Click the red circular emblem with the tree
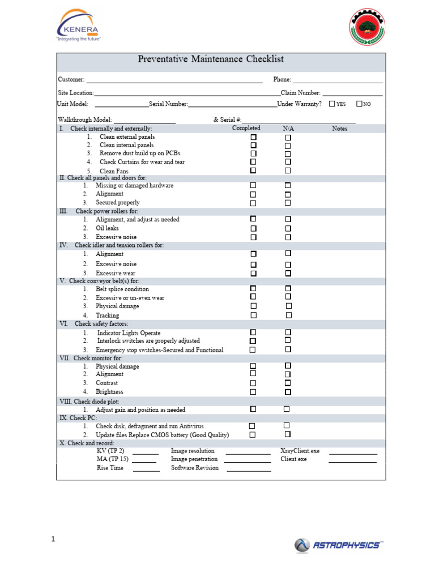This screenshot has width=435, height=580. (368, 28)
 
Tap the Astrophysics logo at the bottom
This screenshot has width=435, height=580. (338, 545)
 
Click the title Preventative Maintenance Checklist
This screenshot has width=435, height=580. (211, 59)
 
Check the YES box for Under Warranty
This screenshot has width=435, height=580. (332, 104)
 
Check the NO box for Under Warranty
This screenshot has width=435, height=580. (359, 104)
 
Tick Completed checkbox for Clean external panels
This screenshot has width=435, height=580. (253, 137)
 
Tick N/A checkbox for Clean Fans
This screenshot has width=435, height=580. (288, 170)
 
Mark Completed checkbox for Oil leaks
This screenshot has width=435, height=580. (253, 228)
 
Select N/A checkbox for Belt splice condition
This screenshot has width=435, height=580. (288, 289)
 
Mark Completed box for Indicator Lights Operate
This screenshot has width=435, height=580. (253, 332)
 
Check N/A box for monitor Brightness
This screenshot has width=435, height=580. (288, 391)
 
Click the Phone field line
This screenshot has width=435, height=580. (338, 82)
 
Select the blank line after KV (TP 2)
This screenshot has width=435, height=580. (146, 453)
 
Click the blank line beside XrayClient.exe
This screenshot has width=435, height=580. (353, 453)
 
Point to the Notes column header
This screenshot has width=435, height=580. (339, 129)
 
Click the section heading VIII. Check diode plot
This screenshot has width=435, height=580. (90, 401)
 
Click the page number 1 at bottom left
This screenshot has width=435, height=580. (53, 540)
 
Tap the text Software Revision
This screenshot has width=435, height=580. (195, 468)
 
